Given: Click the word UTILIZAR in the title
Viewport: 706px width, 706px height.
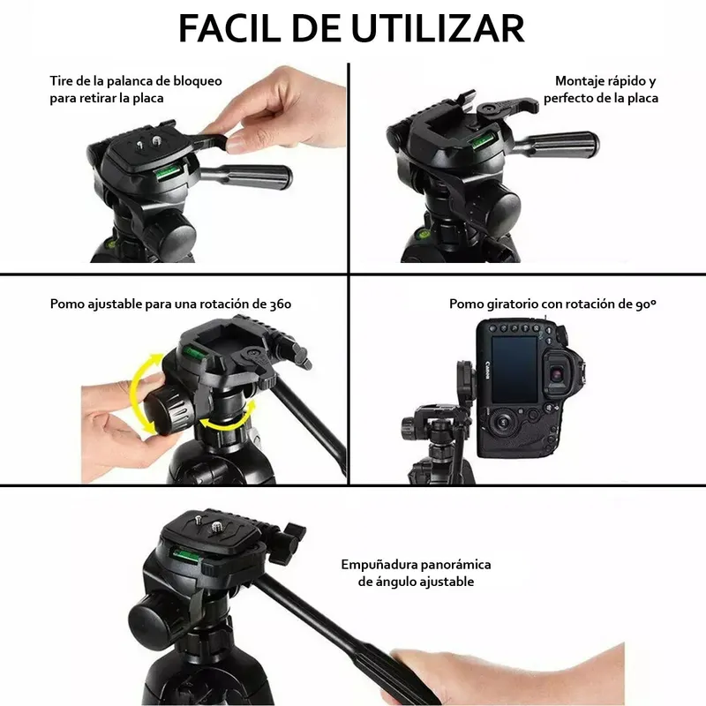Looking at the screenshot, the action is tap(438, 29).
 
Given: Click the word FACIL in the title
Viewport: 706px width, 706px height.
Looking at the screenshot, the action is tap(231, 29).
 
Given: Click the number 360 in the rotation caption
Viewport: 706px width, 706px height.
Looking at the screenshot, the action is tap(280, 304).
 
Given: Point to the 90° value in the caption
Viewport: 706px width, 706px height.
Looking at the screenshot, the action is tap(646, 304).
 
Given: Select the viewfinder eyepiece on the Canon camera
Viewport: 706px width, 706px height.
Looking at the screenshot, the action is tap(558, 373).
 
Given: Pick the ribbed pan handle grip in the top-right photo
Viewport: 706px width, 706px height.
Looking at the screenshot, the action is tap(569, 146).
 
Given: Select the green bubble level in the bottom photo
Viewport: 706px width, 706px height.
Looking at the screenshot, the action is tap(185, 553).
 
